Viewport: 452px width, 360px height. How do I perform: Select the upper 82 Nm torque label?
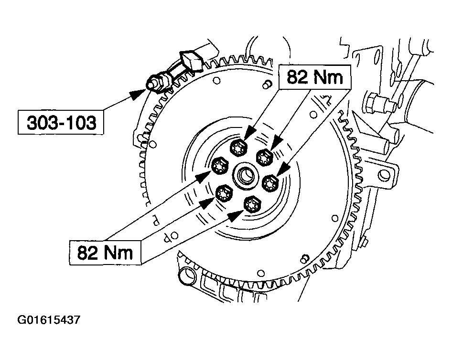315,76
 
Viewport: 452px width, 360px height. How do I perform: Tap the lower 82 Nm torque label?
105,252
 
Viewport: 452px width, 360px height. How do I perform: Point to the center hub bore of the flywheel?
248,174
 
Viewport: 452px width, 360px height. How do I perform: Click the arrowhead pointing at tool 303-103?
139,95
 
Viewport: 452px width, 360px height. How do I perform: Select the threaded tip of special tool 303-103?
151,85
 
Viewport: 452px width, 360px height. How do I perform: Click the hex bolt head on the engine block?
371,103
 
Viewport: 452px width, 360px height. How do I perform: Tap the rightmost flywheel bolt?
271,181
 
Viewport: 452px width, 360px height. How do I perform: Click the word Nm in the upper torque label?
328,76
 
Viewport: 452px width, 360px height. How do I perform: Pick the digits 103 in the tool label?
78,123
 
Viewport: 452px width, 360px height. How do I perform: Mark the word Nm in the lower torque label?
119,252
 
